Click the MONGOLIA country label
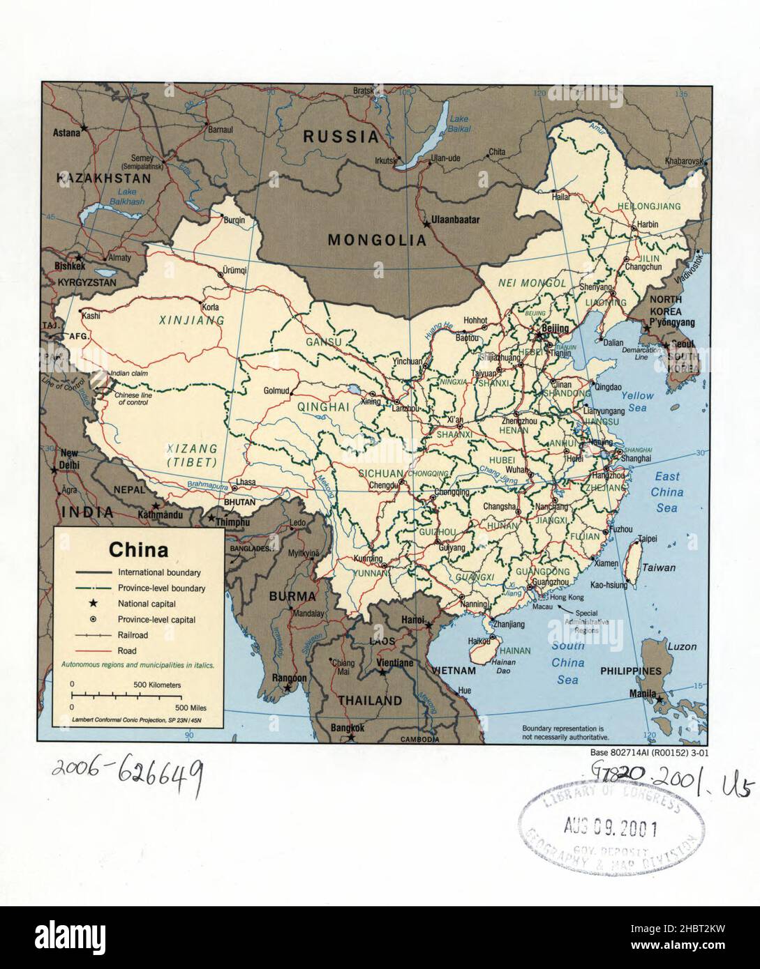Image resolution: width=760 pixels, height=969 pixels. (377, 241)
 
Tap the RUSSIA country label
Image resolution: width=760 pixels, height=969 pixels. (341, 137)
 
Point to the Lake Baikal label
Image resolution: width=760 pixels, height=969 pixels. (460, 123)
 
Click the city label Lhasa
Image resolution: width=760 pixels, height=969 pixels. (246, 482)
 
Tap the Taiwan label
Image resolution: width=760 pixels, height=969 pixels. (659, 567)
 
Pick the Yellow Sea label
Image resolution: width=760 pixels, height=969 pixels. (637, 402)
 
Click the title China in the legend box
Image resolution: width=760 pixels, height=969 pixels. (138, 550)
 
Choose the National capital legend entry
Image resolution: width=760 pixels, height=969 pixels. (147, 604)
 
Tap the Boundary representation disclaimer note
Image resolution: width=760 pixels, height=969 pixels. (565, 732)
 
